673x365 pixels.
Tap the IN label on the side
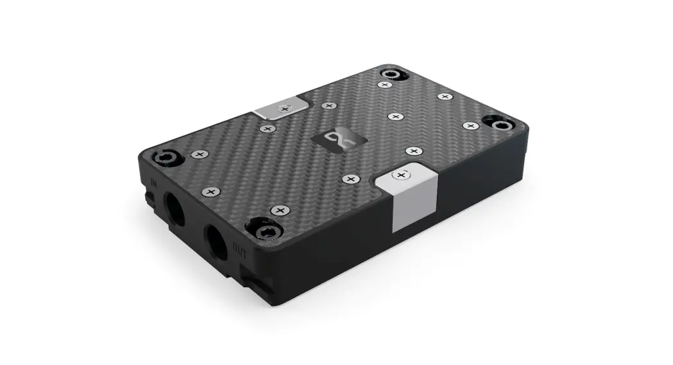coord(153,182)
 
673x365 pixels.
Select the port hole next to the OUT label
coord(216,242)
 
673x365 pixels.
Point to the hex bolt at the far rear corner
coord(392,75)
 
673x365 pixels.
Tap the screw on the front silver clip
coord(402,175)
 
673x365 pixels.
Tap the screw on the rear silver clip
coord(283,109)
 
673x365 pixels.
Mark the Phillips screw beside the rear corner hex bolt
coord(385,85)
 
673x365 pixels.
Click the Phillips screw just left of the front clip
coord(350,179)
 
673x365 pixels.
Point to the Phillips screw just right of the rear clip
coord(328,105)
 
